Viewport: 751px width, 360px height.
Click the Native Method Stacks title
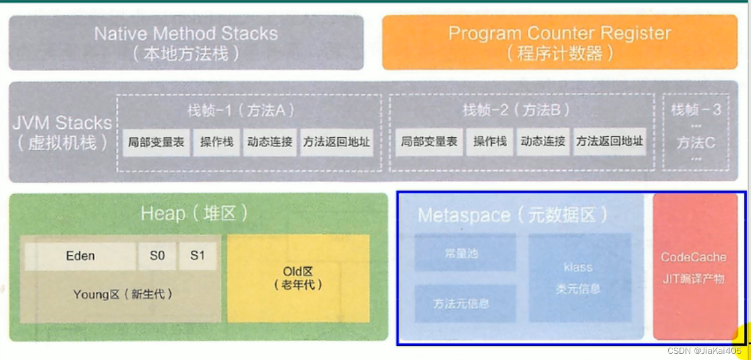click(186, 34)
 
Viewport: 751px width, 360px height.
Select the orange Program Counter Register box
click(560, 42)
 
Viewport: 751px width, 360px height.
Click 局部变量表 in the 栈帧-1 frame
click(156, 142)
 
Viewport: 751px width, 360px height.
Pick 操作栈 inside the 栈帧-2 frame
click(490, 142)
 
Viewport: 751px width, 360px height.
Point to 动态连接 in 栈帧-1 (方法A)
click(270, 142)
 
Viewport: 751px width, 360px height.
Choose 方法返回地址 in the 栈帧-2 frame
click(609, 142)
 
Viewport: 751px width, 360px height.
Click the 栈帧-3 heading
click(695, 110)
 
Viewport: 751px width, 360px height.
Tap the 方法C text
click(696, 143)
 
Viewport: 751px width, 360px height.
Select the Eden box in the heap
click(80, 256)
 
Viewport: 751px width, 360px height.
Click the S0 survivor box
click(158, 256)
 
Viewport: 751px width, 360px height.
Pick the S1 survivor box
click(197, 256)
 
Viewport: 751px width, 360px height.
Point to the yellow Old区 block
click(299, 278)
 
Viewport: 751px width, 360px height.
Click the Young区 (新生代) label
click(123, 294)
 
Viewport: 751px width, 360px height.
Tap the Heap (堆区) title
click(194, 213)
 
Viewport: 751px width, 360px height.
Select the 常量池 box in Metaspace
click(465, 252)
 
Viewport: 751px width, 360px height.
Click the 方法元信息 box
click(462, 304)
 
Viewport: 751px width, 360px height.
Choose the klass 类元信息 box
click(578, 277)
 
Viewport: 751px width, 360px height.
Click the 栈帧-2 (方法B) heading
click(516, 110)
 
